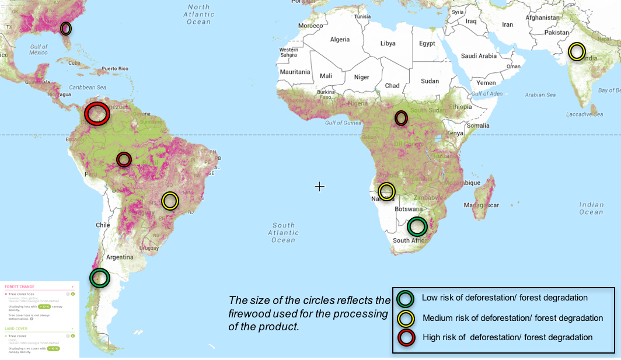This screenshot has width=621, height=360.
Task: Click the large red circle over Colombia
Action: [x=96, y=113]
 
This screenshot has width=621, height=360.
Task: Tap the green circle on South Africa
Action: [x=417, y=226]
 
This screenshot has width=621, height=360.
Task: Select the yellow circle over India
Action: [x=577, y=51]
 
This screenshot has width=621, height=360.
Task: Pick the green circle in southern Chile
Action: [x=100, y=277]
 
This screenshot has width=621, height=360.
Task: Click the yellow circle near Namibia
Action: [x=386, y=191]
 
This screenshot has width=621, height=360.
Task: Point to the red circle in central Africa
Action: [x=401, y=118]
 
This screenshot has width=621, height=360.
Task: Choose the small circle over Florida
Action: [x=66, y=28]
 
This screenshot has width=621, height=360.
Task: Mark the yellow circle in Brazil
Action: [x=170, y=201]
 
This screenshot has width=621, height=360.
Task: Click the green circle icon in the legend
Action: [x=406, y=298]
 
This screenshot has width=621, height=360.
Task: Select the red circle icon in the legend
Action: [x=406, y=338]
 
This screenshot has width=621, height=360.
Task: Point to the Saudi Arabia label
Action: [x=479, y=56]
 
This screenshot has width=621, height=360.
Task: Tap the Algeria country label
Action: [x=340, y=40]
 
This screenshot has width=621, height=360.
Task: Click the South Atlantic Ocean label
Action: [x=284, y=232]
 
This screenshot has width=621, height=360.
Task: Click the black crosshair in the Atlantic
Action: [x=320, y=187]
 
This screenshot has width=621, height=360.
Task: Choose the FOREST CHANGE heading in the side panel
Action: [x=20, y=286]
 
